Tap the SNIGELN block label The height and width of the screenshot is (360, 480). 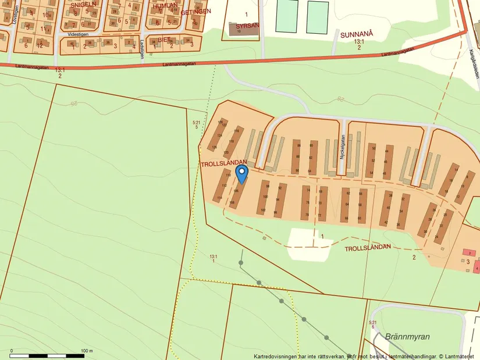[x=83, y=4]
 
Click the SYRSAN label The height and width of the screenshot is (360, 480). [x=247, y=26]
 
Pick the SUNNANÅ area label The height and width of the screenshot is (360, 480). [x=355, y=34]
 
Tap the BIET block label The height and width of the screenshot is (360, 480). [x=156, y=39]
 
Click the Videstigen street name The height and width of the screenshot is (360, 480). [x=79, y=34]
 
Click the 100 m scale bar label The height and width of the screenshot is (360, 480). [x=86, y=351]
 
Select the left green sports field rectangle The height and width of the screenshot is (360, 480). [x=286, y=16]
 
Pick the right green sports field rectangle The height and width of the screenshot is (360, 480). [x=317, y=16]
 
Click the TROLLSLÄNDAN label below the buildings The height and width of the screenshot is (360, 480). [x=368, y=248]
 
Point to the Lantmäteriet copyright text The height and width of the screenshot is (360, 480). [x=457, y=356]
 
